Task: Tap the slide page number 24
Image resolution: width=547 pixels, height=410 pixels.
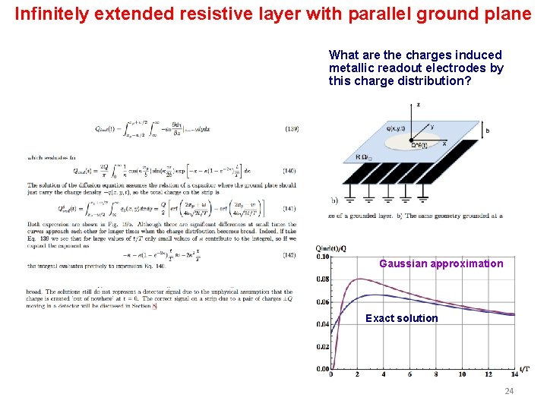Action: [508, 391]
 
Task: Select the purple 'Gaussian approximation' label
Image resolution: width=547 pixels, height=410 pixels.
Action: [441, 263]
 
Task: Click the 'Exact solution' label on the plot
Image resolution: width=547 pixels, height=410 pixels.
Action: [401, 318]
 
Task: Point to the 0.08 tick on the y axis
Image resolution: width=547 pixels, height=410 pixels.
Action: [324, 279]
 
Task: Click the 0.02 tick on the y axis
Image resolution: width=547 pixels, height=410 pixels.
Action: [324, 346]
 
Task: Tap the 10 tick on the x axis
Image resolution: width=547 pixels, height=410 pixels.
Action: [463, 374]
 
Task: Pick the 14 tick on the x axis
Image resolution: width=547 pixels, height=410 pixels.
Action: [515, 374]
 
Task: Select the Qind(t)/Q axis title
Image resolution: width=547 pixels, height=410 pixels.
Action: [332, 248]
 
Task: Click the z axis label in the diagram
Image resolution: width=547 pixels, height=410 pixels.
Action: [419, 104]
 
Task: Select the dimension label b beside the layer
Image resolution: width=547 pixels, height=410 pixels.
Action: [486, 131]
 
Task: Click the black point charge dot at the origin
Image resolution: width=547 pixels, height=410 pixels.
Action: [412, 140]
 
